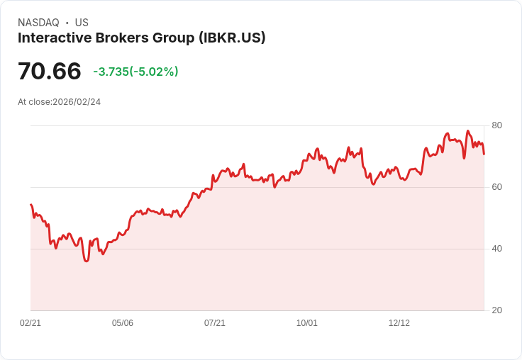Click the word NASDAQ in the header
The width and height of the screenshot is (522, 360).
point(38,23)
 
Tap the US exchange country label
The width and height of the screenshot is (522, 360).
point(82,23)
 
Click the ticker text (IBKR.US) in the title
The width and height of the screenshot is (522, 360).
point(232,38)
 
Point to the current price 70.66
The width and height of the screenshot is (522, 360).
point(50,71)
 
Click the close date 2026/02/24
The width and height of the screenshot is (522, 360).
point(77,102)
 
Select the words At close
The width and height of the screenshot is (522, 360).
point(34,102)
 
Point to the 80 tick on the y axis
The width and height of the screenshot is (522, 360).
point(496,125)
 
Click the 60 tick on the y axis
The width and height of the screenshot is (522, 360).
point(496,187)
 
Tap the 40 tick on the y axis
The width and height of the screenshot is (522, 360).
point(496,249)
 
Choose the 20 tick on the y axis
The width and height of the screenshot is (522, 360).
point(496,310)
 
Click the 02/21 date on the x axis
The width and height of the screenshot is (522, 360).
point(30,323)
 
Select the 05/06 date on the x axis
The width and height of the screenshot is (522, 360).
point(123,323)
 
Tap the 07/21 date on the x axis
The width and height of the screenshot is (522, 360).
point(215,323)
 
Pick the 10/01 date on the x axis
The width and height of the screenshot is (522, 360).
point(307,323)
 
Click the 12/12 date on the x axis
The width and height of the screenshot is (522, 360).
point(399,323)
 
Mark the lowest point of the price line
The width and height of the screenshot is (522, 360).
point(87,261)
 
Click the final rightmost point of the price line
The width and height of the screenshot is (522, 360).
point(484,154)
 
